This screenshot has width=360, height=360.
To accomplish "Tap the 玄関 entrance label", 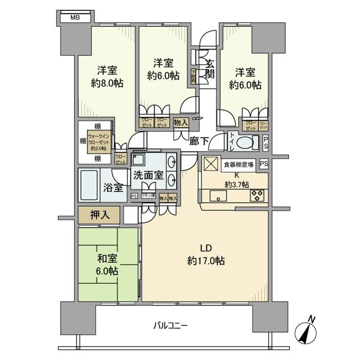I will point(211,68).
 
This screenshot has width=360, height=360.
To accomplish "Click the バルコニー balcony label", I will point(170,325).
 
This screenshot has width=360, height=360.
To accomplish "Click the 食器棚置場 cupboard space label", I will point(238,165).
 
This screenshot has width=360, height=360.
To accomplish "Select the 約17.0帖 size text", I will point(205,261).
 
